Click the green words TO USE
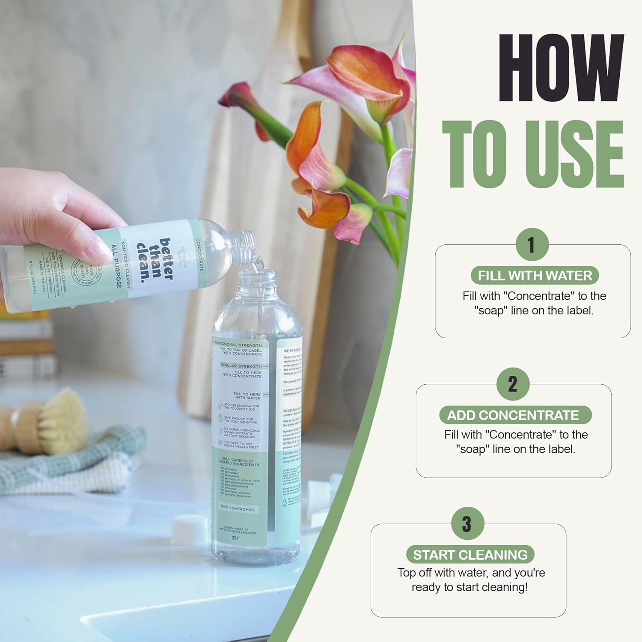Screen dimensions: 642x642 click(533, 154)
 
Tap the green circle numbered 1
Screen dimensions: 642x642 click(532, 245)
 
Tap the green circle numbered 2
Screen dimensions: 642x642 click(513, 384)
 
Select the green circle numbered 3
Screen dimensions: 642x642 click(467, 523)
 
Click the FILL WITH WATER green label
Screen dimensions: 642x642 click(535, 276)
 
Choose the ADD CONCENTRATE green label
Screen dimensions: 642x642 click(513, 415)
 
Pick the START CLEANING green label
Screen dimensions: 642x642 click(470, 555)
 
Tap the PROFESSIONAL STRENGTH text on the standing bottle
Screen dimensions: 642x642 click(238, 345)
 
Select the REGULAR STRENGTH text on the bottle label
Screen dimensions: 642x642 click(241, 366)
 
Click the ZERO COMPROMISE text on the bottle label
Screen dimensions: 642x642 click(238, 508)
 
